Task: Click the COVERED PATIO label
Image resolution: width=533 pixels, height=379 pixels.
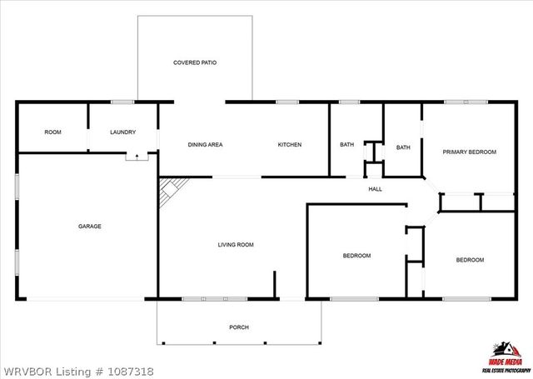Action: point(195,62)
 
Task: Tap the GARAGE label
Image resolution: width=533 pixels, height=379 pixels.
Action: point(89,226)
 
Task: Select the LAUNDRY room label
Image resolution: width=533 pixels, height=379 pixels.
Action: point(122,132)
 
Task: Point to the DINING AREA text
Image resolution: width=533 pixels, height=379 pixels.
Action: point(205,145)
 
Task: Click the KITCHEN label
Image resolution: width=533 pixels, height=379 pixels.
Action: point(289,145)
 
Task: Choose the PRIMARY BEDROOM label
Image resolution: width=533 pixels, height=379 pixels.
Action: point(469,152)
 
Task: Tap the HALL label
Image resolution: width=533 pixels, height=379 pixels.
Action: point(375,189)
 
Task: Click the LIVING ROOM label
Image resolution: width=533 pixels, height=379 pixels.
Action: point(235,245)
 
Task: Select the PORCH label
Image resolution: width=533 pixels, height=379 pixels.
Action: point(239,327)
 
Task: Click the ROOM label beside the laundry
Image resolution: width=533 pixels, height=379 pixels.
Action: point(52,132)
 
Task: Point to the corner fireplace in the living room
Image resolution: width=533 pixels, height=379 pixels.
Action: point(170,190)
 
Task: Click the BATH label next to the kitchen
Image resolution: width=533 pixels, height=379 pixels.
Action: point(346,145)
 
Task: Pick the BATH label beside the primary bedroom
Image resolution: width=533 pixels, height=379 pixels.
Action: point(403,147)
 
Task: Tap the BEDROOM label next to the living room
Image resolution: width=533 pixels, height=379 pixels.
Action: point(356,256)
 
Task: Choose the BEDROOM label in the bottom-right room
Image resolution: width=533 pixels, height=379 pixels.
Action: point(469,260)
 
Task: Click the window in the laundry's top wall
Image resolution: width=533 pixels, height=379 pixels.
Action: point(122,102)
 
